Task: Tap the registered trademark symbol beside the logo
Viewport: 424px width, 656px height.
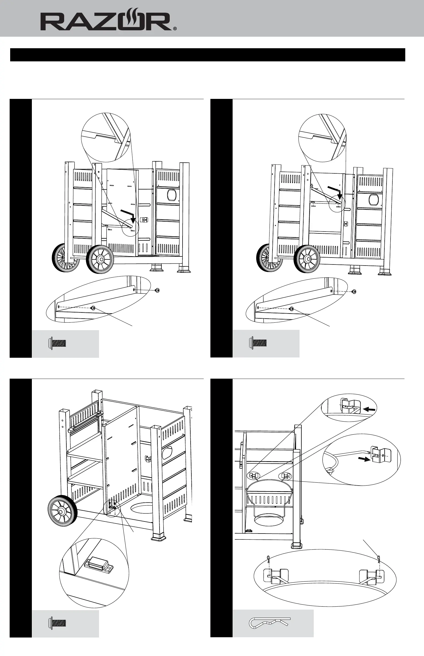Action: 175,28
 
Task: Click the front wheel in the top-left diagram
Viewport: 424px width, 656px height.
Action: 100,259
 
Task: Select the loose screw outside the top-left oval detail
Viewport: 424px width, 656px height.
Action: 157,290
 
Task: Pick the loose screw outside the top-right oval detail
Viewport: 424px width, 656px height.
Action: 354,291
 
